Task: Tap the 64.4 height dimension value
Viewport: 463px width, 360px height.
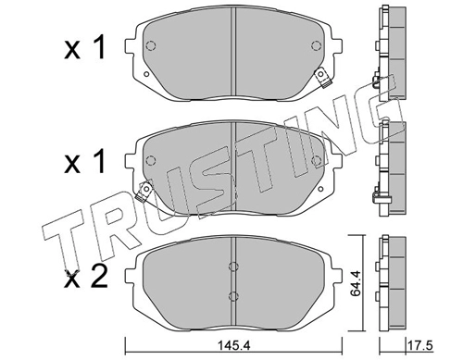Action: (x=356, y=283)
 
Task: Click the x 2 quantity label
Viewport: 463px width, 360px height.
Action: (x=85, y=279)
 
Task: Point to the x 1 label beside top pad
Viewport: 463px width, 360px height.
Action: (x=85, y=48)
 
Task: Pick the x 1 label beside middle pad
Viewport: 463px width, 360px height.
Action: (x=85, y=162)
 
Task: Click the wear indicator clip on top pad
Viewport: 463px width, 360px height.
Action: (x=323, y=78)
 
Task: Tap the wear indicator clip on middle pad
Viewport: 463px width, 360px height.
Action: (x=144, y=192)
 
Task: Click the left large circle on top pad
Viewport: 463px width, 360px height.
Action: (x=150, y=46)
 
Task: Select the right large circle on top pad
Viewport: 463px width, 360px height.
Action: (x=316, y=46)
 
